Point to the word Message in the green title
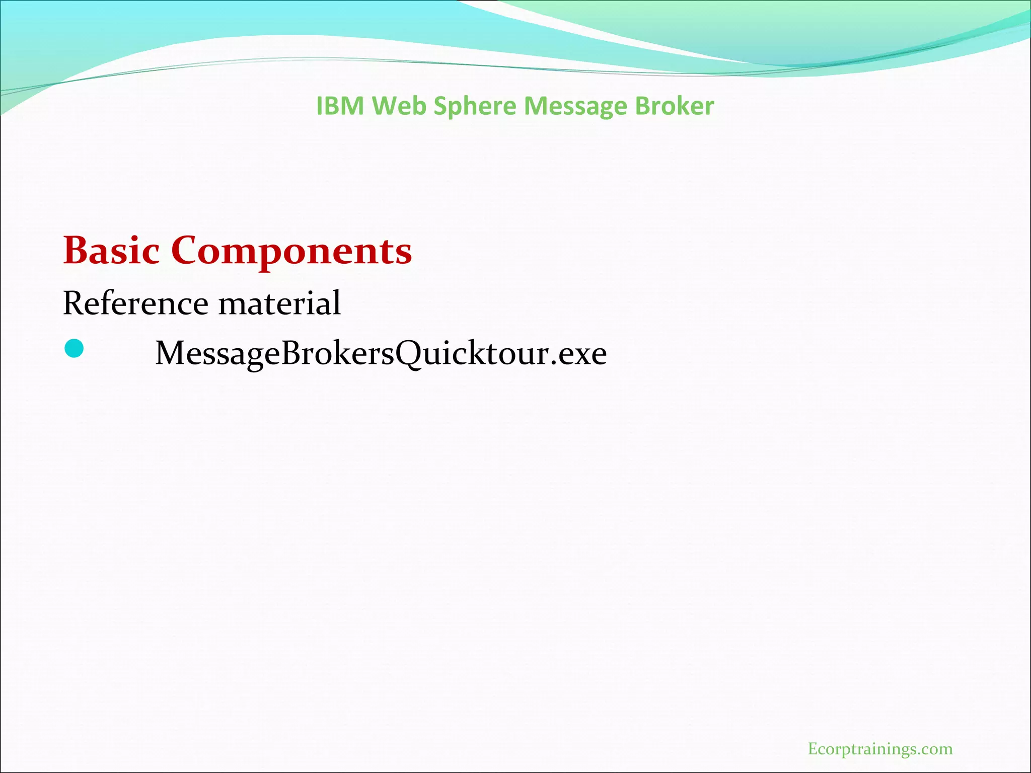(575, 107)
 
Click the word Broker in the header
(674, 106)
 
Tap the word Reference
(135, 303)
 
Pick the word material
(279, 303)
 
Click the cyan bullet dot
(75, 349)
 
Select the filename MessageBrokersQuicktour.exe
(381, 353)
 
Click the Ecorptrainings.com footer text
(880, 749)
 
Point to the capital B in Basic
(76, 250)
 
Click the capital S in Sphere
(441, 106)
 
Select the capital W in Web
(387, 106)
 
